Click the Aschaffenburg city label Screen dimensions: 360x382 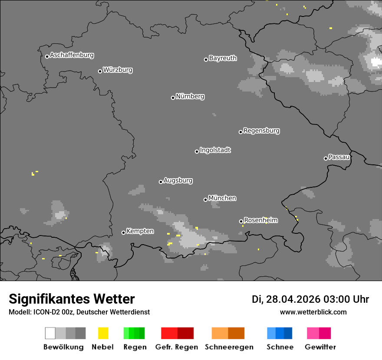[x=72, y=56]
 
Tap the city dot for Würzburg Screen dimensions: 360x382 [x=100, y=71]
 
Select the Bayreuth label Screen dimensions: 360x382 [x=223, y=58]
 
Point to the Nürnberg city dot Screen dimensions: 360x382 [x=173, y=98]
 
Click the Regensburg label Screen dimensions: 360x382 [x=261, y=131]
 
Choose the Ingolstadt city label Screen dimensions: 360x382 [x=215, y=150]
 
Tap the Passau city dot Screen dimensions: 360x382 [x=326, y=158]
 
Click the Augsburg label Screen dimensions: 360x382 [x=178, y=180]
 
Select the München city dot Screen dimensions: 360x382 [x=205, y=200]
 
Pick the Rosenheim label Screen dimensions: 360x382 [x=260, y=220]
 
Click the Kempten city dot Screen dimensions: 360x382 [x=123, y=232]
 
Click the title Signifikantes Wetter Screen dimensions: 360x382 [x=72, y=299]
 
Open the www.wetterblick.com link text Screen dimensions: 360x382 [x=313, y=312]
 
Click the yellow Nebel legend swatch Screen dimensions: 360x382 [x=103, y=333]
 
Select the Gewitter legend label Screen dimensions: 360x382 [x=320, y=347]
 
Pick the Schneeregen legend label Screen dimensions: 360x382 [x=229, y=347]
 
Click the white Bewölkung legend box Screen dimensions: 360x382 [x=50, y=333]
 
